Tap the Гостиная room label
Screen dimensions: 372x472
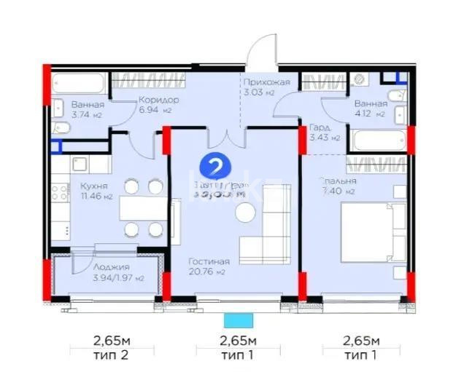click(209, 261)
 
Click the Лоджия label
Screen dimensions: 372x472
click(96, 267)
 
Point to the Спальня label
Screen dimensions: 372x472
click(336, 181)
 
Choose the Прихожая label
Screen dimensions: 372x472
click(267, 82)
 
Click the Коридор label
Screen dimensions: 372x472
click(158, 99)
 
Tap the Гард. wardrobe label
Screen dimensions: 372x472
click(319, 126)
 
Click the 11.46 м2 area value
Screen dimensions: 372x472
click(96, 196)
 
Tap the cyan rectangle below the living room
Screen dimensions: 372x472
click(238, 319)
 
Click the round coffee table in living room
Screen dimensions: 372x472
click(244, 212)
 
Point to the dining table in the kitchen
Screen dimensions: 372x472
click(143, 208)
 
